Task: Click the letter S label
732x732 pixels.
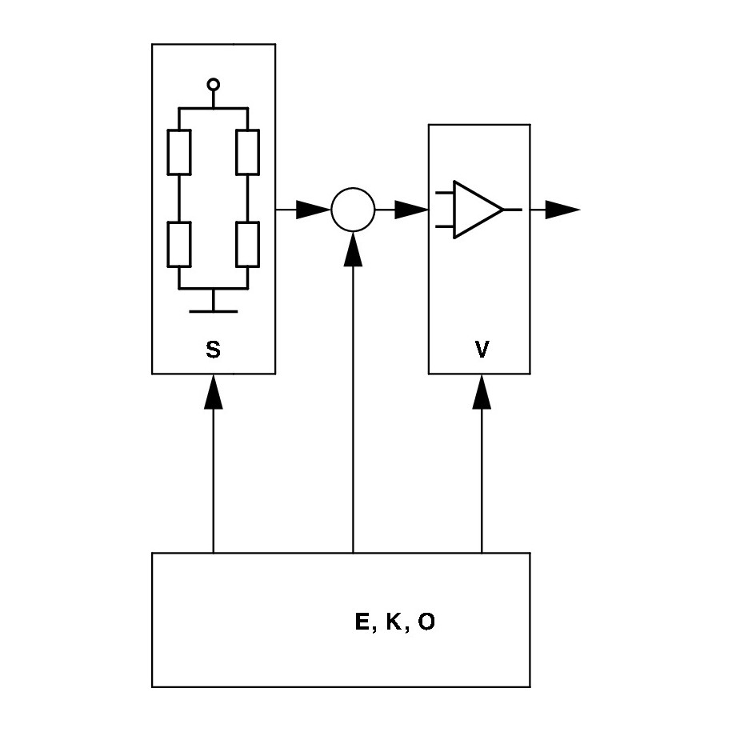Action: [x=213, y=350]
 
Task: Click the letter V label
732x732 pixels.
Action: [x=482, y=350]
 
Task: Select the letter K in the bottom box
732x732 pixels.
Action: [x=394, y=622]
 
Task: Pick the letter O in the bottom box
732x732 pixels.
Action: [x=426, y=622]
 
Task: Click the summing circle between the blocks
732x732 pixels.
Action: [x=353, y=210]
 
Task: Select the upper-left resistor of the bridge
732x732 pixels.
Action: [x=179, y=151]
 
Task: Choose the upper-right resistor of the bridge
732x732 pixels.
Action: [x=248, y=151]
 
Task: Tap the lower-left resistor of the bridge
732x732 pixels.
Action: [x=179, y=244]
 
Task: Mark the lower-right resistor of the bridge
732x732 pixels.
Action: [x=248, y=244]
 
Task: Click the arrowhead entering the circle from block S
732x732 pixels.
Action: [x=314, y=210]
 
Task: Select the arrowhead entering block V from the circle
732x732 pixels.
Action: [x=412, y=210]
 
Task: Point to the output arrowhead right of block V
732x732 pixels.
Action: [x=563, y=210]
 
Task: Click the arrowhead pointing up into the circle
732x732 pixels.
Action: [x=353, y=249]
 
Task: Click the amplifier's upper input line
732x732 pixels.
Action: [x=445, y=194]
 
